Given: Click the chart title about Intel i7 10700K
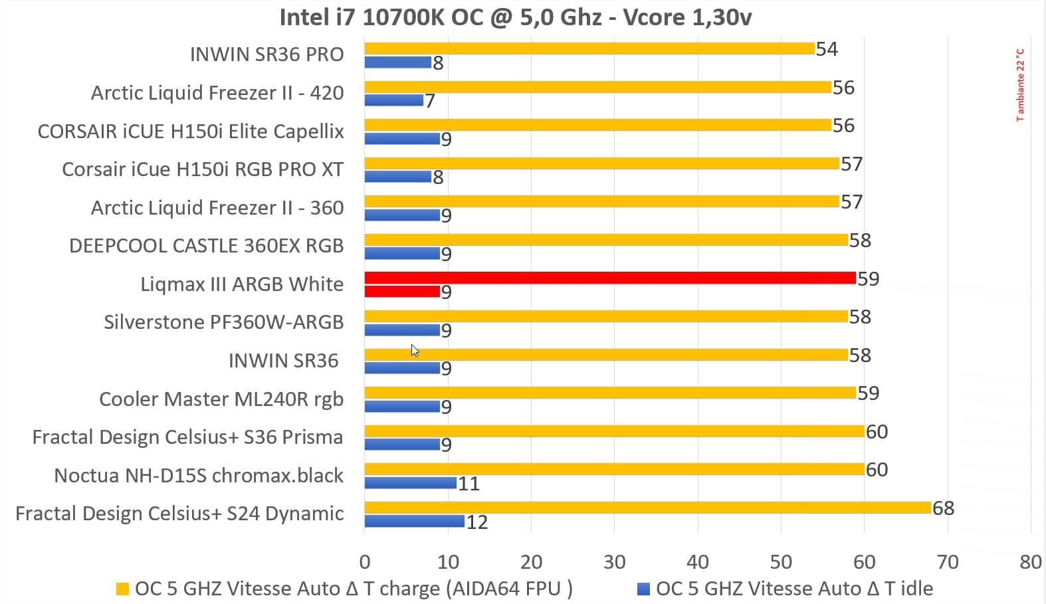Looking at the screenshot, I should pyautogui.click(x=515, y=17).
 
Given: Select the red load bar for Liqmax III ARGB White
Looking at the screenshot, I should pyautogui.click(x=609, y=278).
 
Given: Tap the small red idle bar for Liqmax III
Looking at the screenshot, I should pyautogui.click(x=402, y=291).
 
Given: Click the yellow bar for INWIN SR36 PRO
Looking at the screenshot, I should pyautogui.click(x=589, y=48).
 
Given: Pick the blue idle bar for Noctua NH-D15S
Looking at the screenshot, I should pyautogui.click(x=410, y=482).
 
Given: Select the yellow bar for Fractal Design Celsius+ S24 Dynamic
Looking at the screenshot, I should pyautogui.click(x=647, y=508).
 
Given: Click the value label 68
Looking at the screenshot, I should pyautogui.click(x=943, y=508).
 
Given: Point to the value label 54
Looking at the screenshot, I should pyautogui.click(x=827, y=49).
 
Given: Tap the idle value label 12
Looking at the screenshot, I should pyautogui.click(x=476, y=522).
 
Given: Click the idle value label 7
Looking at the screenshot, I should pyautogui.click(x=430, y=101).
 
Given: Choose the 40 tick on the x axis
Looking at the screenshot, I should pyautogui.click(x=697, y=562).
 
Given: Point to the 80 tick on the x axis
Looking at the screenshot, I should pyautogui.click(x=1030, y=562).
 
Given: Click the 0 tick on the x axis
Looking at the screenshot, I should pyautogui.click(x=364, y=562).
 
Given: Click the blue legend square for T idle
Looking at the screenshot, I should pyautogui.click(x=643, y=589).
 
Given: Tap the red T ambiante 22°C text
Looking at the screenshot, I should pyautogui.click(x=1020, y=84).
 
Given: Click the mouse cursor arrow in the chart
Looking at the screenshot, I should pyautogui.click(x=414, y=350).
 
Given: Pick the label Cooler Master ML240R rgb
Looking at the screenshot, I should pyautogui.click(x=221, y=399).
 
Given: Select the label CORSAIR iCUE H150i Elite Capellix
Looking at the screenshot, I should pyautogui.click(x=191, y=131).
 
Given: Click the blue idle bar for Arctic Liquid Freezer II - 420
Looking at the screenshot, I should pyautogui.click(x=393, y=100).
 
